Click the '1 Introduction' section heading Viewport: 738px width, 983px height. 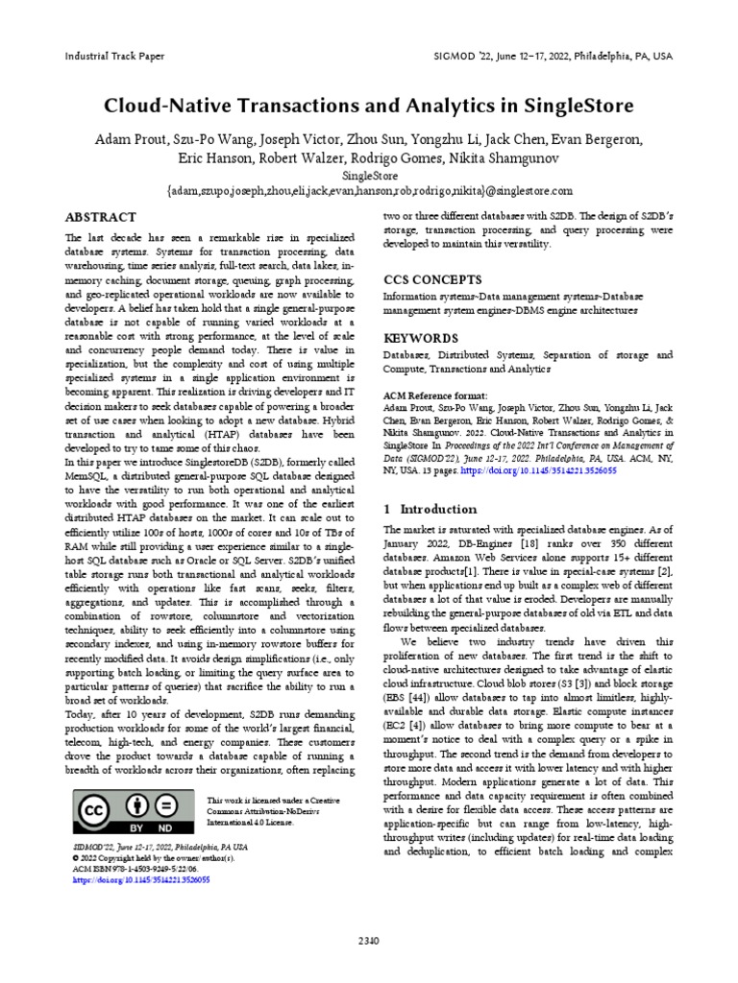pos(430,509)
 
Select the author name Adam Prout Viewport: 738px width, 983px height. pos(130,139)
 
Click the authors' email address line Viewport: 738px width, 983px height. pos(369,191)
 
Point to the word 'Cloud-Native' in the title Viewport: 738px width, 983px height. pos(161,105)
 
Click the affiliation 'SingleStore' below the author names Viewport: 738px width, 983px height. pos(369,176)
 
